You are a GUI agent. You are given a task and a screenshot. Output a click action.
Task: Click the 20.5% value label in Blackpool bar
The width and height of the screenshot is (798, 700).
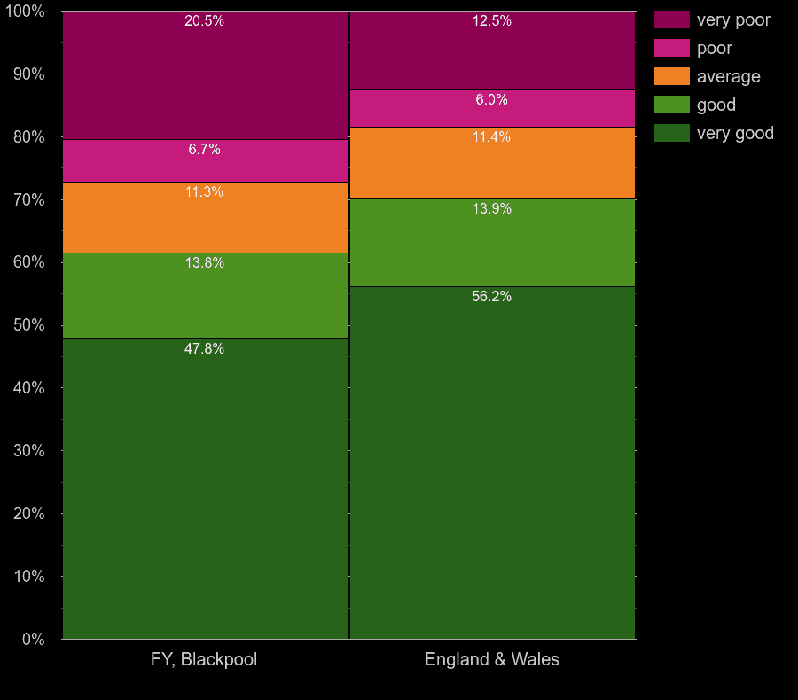(204, 21)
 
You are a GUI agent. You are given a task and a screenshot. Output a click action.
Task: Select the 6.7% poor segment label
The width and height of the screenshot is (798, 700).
(204, 150)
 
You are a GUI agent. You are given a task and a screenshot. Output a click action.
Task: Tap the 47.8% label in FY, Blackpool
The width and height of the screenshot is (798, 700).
(204, 349)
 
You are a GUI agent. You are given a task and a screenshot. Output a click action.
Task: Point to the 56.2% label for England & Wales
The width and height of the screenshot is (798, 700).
(491, 297)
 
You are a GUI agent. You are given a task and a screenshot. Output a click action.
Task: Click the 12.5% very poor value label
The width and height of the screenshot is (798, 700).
(491, 21)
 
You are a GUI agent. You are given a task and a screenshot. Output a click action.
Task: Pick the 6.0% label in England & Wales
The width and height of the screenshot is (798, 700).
(491, 100)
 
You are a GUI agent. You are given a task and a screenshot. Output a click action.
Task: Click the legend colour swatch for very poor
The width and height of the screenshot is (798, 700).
(672, 19)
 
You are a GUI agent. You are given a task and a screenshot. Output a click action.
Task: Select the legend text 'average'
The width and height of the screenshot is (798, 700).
(728, 76)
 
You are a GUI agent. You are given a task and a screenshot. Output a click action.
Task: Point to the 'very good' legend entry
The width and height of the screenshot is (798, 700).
(735, 133)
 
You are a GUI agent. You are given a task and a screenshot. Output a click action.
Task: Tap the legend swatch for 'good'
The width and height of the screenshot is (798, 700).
(672, 105)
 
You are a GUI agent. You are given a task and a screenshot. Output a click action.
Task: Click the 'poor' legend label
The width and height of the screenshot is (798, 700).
(714, 48)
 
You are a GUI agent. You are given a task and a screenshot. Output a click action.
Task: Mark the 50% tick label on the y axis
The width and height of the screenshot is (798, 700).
(28, 325)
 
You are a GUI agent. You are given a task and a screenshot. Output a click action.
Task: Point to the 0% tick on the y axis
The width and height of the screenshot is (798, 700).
(33, 639)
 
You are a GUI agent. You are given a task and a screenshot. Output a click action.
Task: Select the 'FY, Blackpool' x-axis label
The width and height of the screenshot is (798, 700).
(205, 659)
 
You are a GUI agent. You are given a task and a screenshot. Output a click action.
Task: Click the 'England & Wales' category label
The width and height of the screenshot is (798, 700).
(492, 659)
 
